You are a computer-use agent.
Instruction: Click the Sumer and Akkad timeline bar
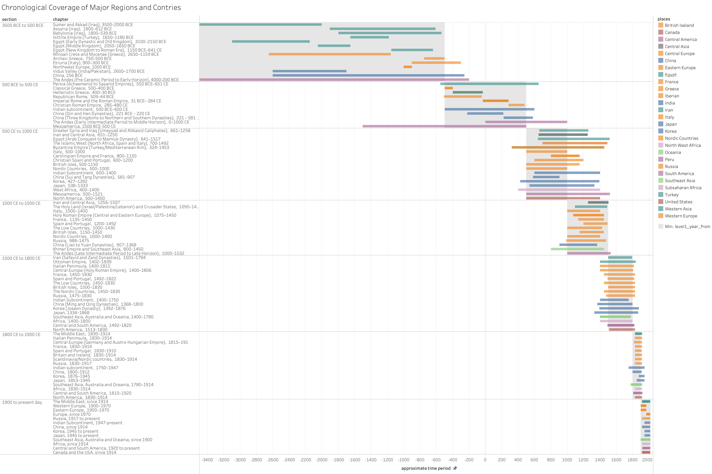click(x=260, y=25)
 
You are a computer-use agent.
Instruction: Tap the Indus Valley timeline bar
click(x=309, y=71)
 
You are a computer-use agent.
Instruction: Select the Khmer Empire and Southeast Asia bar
click(x=577, y=249)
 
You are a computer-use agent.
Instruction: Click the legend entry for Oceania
click(x=673, y=152)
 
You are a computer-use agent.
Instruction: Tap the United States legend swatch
click(x=661, y=202)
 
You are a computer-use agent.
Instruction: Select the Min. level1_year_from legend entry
click(x=687, y=226)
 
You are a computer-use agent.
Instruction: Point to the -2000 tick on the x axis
click(x=322, y=460)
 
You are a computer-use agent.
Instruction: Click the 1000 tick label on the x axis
click(x=567, y=460)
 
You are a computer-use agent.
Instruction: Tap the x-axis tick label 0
click(x=485, y=460)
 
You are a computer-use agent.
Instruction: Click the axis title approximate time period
click(x=426, y=468)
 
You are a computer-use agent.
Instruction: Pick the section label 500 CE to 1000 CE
click(x=20, y=131)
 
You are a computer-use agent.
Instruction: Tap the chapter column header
click(x=61, y=19)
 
